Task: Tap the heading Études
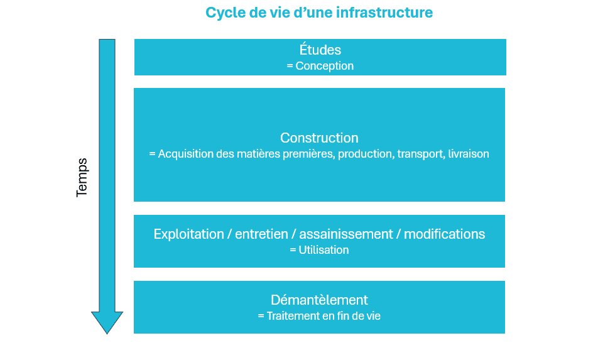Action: [x=320, y=50]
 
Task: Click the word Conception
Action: [x=325, y=66]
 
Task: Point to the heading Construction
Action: [x=319, y=138]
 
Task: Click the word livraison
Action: [x=469, y=154]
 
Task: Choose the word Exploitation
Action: [x=189, y=234]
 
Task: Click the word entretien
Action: [x=261, y=234]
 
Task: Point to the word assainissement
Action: [x=346, y=234]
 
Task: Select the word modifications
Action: [x=444, y=234]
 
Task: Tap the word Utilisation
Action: [x=323, y=250]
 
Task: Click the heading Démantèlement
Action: [x=319, y=300]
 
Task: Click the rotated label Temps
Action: [x=82, y=178]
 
